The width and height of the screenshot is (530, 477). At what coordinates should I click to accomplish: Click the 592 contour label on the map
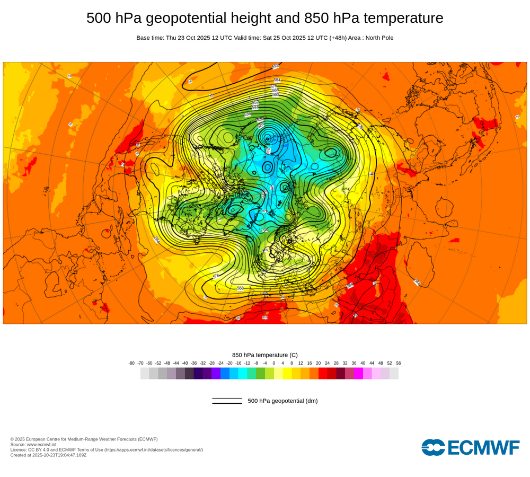click(x=276, y=66)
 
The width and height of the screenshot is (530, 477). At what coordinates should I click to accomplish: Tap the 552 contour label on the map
click(x=255, y=102)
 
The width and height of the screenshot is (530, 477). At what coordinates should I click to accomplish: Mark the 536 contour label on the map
click(x=248, y=114)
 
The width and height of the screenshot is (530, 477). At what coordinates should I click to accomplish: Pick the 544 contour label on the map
click(x=255, y=108)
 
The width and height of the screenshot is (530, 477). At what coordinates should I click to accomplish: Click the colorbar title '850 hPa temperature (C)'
click(x=265, y=355)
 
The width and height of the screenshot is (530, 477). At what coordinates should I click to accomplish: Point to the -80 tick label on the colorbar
click(x=131, y=363)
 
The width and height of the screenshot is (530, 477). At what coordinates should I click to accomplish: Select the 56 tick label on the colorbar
click(x=399, y=363)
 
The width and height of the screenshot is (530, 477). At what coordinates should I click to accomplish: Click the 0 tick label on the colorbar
click(x=274, y=363)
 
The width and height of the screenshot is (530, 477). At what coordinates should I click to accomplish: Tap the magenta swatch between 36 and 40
click(x=358, y=373)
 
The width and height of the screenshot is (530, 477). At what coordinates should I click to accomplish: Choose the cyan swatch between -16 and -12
click(x=243, y=373)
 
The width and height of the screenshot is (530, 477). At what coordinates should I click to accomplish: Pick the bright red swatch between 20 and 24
click(x=323, y=373)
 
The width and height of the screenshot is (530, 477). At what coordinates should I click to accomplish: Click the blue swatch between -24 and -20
click(x=225, y=373)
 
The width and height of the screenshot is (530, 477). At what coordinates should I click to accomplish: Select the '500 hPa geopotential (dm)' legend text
click(x=282, y=401)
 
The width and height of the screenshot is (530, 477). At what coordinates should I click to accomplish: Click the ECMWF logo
click(x=471, y=447)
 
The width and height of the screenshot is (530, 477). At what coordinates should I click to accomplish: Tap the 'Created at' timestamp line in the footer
click(x=48, y=455)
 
